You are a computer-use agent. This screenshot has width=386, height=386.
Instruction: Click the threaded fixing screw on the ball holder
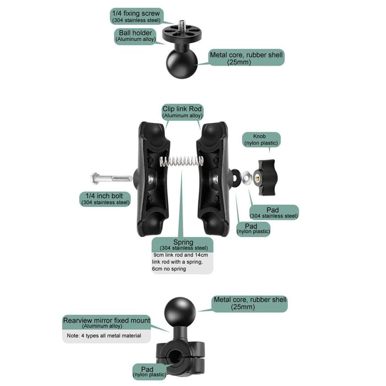pos(181,25)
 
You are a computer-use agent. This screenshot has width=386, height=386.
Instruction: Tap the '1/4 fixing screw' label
pos(136,16)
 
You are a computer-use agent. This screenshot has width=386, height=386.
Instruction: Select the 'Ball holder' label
pos(136,36)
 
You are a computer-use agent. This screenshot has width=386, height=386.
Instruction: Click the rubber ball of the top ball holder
pos(181,63)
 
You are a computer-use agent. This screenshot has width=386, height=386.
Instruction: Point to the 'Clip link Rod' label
pos(182,112)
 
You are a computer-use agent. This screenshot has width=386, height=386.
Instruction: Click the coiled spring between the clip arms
pos(181,162)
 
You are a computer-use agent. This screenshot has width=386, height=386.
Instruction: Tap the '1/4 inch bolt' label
pos(105,199)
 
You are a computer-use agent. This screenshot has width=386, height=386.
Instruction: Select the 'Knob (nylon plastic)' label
pos(261,140)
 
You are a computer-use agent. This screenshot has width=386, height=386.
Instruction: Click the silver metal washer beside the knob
pos(246,178)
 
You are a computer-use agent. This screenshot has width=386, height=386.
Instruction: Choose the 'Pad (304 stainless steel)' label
pos(274,212)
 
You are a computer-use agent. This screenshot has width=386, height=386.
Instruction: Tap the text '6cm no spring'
pos(169,269)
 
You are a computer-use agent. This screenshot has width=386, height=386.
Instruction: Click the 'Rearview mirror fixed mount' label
pos(106,322)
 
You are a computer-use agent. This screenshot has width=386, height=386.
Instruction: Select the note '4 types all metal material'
pos(104,335)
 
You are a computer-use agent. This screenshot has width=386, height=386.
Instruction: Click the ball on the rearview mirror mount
pos(180,313)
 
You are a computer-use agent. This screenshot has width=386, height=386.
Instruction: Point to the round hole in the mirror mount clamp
pos(175,356)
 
